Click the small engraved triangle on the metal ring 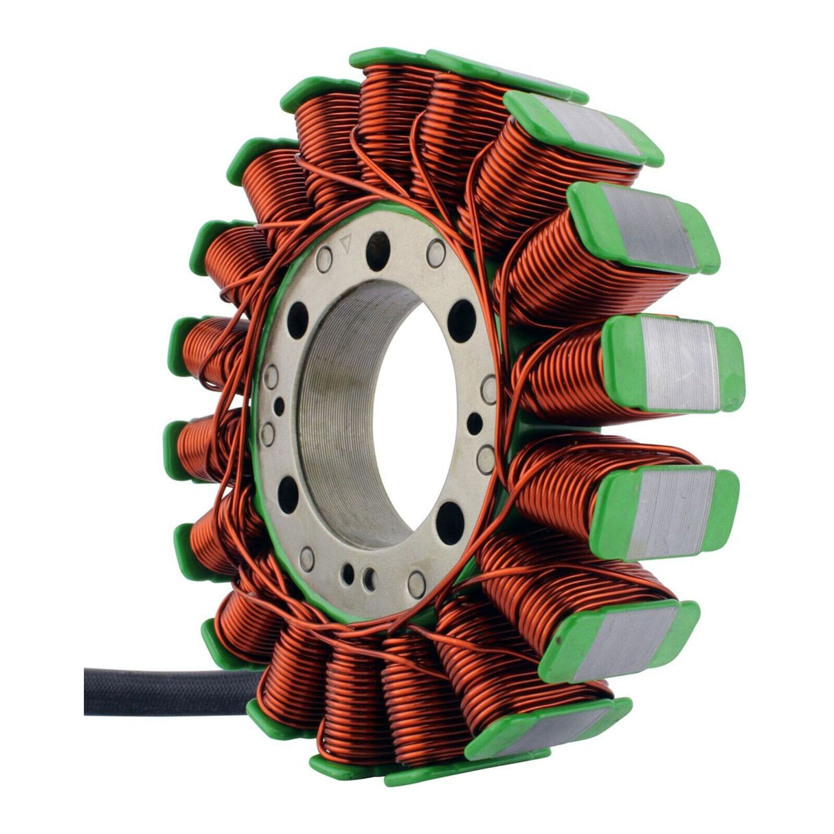tap(346, 240)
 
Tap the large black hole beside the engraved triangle tap(377, 243)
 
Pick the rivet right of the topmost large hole tap(436, 252)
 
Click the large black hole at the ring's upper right tap(463, 320)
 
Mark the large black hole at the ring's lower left tap(289, 495)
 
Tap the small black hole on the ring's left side tap(279, 406)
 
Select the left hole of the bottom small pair tap(349, 573)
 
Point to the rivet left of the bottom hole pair tap(307, 558)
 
